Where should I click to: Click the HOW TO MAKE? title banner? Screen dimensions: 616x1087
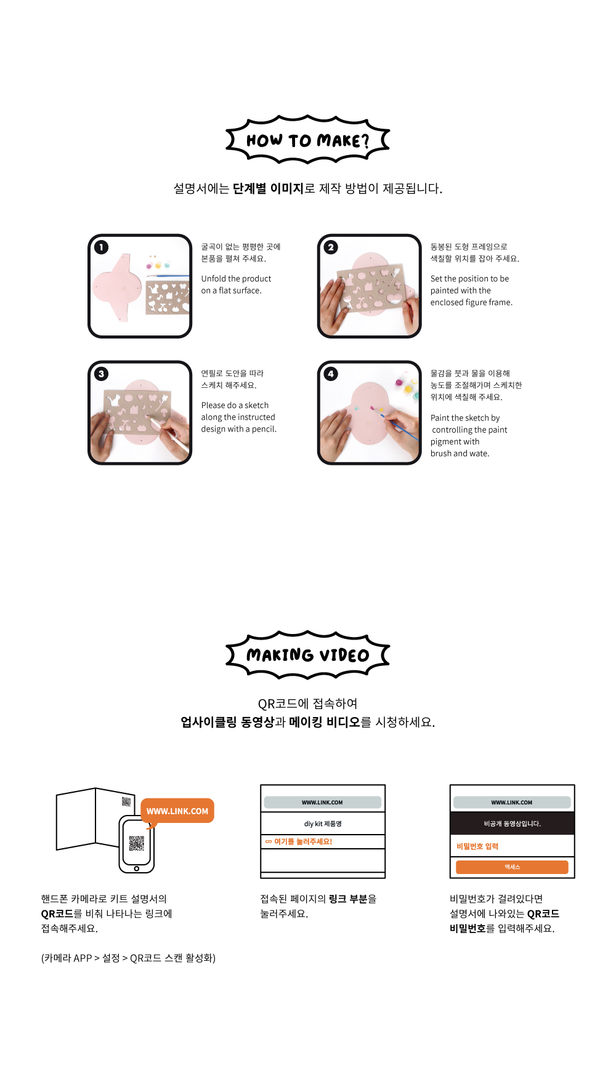pyautogui.click(x=307, y=140)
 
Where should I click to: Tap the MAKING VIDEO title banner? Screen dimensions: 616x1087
pyautogui.click(x=307, y=655)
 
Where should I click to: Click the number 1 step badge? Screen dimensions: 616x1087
pyautogui.click(x=101, y=247)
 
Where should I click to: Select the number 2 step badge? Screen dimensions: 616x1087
pyautogui.click(x=331, y=247)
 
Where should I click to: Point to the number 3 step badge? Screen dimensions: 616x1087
pyautogui.click(x=101, y=374)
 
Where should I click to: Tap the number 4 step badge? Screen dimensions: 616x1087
pyautogui.click(x=331, y=374)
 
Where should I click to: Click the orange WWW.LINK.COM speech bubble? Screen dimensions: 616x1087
pyautogui.click(x=177, y=811)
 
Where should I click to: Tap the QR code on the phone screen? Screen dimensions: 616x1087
pyautogui.click(x=137, y=843)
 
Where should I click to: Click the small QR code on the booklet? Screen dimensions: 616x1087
pyautogui.click(x=126, y=801)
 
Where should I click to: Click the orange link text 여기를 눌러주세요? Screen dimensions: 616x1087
pyautogui.click(x=299, y=841)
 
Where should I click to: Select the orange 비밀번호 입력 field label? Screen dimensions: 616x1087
pyautogui.click(x=477, y=846)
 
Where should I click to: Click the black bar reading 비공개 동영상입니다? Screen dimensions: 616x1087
pyautogui.click(x=513, y=824)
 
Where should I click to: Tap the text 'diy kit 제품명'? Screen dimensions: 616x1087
pyautogui.click(x=323, y=824)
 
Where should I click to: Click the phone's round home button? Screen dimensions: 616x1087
pyautogui.click(x=137, y=868)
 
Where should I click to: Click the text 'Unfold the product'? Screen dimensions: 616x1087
pyautogui.click(x=236, y=279)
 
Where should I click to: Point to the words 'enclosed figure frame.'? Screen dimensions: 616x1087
pyautogui.click(x=471, y=302)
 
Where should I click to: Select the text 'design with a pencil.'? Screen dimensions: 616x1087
pyautogui.click(x=238, y=429)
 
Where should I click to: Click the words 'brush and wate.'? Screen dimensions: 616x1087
pyautogui.click(x=460, y=454)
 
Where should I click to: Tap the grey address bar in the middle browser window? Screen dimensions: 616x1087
pyautogui.click(x=323, y=803)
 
